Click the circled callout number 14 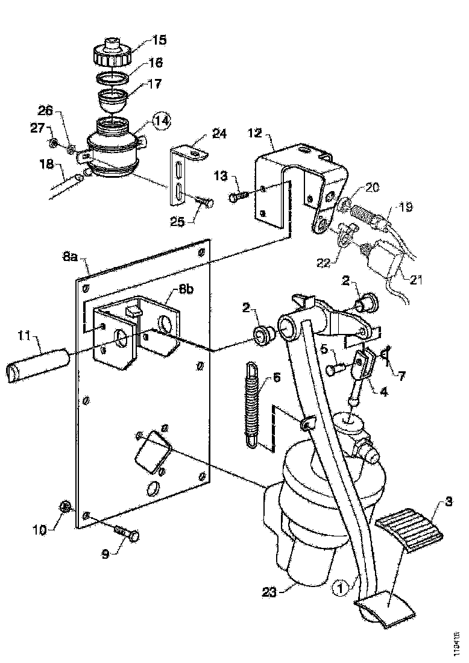161,121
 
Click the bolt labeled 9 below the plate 125,533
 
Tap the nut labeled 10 66,507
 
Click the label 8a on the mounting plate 70,258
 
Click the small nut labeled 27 53,143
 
